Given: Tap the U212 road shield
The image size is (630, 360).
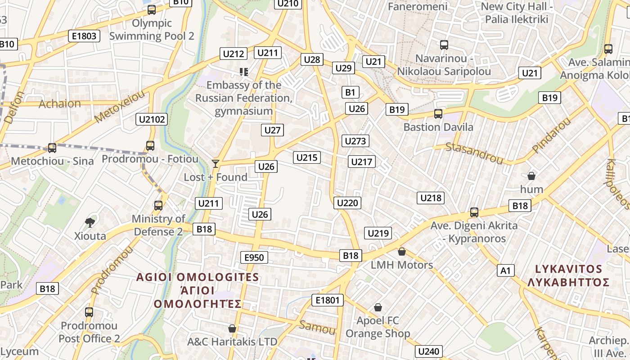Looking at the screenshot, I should point(234,54).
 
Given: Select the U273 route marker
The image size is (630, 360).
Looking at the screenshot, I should point(355,141).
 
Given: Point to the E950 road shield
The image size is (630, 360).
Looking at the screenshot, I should point(254,257).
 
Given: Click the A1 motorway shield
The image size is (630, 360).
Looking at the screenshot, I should point(506,270).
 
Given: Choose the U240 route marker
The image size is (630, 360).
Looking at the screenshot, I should point(429,351).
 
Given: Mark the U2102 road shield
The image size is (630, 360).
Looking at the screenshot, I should point(152,119).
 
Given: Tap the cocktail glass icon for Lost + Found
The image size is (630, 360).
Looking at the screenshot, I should point(216,163).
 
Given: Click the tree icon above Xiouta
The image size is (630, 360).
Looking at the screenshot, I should point(90,222).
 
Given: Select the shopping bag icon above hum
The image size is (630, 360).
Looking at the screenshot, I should point(531,175).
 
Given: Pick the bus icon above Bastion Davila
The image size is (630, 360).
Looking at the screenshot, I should point(438,114).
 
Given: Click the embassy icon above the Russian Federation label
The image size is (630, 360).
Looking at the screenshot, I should point(244,72).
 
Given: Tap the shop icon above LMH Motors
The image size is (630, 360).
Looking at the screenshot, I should point(402,252).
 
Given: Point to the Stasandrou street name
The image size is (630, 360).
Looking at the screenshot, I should point(474,153).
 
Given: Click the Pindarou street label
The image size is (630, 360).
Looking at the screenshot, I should point(551,135).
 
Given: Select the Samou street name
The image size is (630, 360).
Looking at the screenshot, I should point(318,327).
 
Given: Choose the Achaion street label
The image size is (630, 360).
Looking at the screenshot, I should point(60,104).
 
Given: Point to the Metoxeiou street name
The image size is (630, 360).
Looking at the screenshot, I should point(120,106).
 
